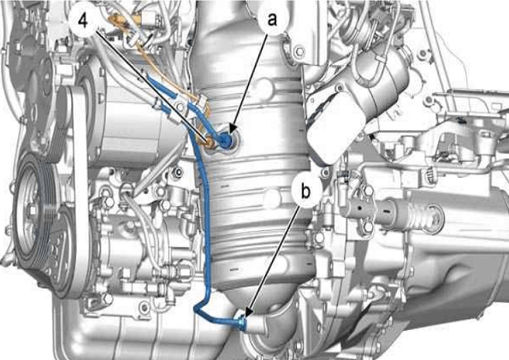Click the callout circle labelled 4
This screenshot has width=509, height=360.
click(84, 21)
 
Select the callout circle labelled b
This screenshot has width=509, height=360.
click(306, 191)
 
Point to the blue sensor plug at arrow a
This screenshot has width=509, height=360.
click(226, 140)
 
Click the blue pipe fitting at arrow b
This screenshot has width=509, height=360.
click(242, 322)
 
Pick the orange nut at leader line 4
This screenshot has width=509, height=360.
click(209, 143)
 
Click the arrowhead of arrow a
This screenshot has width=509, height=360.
click(232, 130)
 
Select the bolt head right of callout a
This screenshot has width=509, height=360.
click(299, 51)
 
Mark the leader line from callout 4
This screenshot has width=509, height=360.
click(151, 86)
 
